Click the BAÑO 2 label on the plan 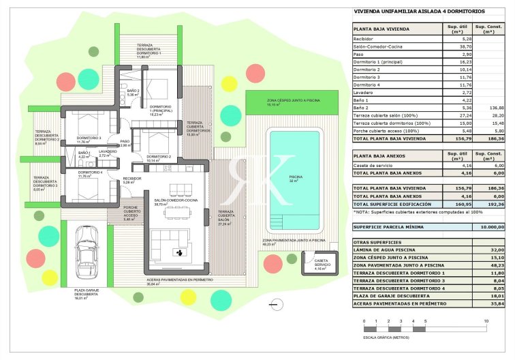coord(133,91)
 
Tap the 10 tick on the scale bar coord(486,320)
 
